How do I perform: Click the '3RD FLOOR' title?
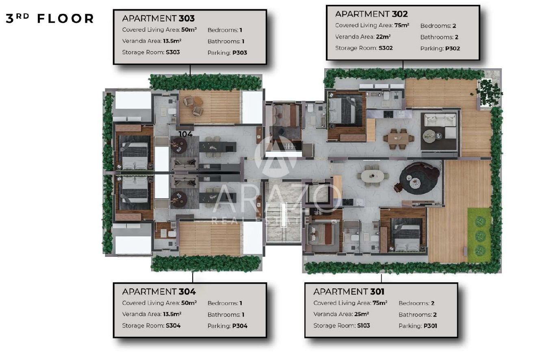coord(50,19)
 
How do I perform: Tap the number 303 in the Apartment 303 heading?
coord(187,19)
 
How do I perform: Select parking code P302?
coord(453,49)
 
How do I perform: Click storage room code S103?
coord(363,326)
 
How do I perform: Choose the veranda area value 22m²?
coord(383,37)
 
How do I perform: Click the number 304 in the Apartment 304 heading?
coord(187,292)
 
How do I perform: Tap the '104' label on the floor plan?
coord(185,134)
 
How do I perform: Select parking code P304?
coord(240,326)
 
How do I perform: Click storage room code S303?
coord(173,52)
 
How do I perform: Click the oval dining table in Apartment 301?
coord(373,176)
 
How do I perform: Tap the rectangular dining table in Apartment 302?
coord(398,139)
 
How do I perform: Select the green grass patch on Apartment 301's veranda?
coord(479,235)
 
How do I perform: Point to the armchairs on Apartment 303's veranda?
coord(193,106)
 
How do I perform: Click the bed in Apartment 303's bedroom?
coord(135,152)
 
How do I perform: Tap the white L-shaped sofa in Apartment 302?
coord(440,125)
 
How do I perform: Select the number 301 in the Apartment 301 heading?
coord(377,292)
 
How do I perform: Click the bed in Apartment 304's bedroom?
coord(135,190)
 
